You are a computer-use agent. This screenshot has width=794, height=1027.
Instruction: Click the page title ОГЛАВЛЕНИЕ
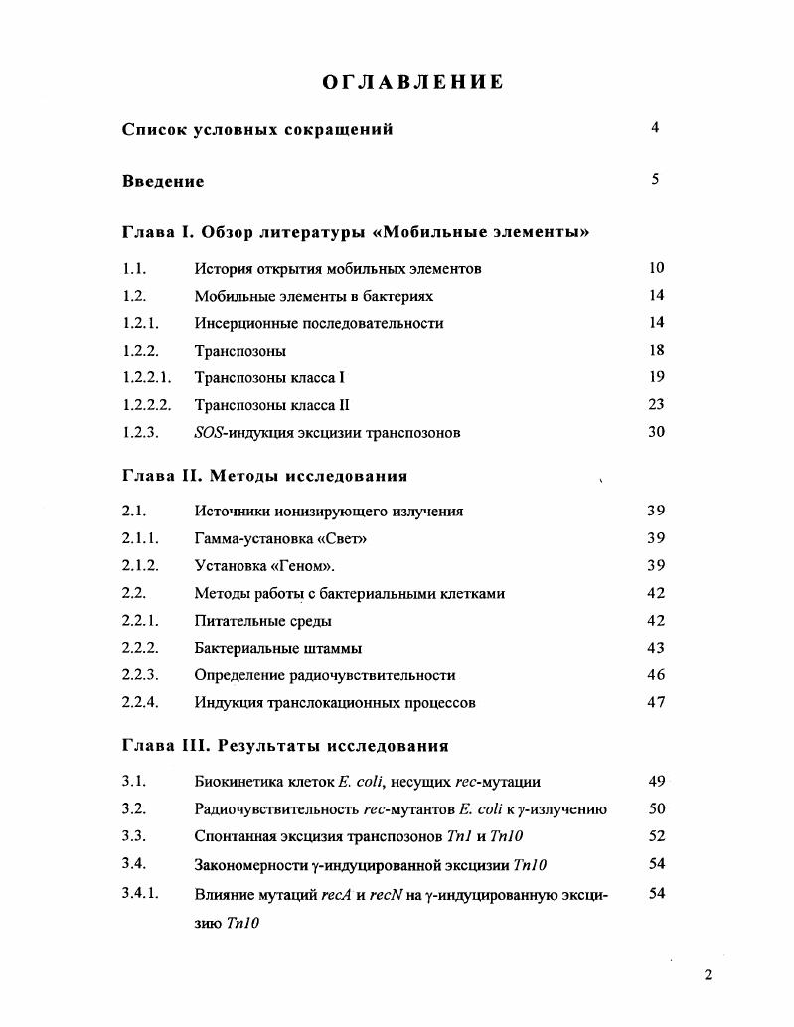(412, 82)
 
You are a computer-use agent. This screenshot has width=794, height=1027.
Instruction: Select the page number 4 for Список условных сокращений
(655, 127)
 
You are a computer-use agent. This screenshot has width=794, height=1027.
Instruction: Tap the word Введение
(163, 181)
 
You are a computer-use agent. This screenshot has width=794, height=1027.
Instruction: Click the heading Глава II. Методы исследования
(264, 476)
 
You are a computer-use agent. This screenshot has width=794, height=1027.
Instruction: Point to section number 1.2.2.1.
(147, 377)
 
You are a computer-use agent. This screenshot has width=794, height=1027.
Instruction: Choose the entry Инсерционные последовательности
(318, 323)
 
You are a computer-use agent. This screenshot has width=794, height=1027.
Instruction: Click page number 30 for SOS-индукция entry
(656, 432)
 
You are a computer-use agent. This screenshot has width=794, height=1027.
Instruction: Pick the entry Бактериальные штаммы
(277, 648)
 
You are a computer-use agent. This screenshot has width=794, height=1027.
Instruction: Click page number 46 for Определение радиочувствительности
(656, 674)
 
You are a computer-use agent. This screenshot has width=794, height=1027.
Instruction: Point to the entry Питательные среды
(262, 621)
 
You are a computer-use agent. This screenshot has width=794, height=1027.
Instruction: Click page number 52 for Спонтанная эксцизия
(656, 836)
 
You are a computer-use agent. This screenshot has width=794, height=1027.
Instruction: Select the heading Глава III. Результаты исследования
(285, 746)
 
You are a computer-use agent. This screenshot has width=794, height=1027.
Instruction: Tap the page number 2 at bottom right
(708, 974)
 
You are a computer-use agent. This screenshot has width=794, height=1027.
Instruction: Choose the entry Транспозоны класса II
(271, 405)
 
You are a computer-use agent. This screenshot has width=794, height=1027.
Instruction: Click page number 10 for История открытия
(656, 268)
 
